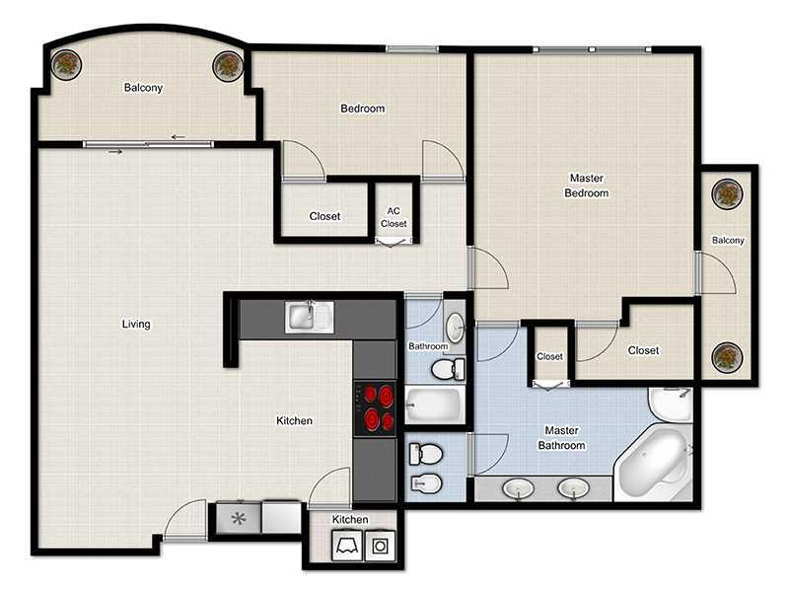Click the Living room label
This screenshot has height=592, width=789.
pos(136,324)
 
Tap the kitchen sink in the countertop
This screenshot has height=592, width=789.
pos(309,317)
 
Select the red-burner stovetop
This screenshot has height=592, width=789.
pos(375,407)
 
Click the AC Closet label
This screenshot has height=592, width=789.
pos(394,217)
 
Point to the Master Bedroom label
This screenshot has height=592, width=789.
pos(586,185)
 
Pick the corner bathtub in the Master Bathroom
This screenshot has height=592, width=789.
pos(653,463)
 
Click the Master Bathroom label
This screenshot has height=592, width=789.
pos(561,437)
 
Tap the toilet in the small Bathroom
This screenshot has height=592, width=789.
pos(449,369)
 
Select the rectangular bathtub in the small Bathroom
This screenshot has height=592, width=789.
pos(434,406)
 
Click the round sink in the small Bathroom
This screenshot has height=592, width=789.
pos(456,327)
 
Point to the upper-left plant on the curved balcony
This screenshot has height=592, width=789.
pos(66,64)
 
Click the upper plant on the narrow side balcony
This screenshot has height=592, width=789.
pos(727,193)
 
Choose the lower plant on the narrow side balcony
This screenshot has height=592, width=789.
pos(727,357)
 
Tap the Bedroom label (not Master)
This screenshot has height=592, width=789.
pos(363,109)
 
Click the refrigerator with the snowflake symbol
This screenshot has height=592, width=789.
pos(239,517)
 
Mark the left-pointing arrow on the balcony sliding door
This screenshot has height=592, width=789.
pos(179,137)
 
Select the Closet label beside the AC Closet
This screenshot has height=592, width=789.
pos(324,216)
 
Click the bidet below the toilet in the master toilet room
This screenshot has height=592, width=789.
pos(426,483)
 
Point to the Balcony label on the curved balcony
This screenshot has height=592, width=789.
pos(143,88)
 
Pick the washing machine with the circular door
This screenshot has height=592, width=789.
pos(381,546)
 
